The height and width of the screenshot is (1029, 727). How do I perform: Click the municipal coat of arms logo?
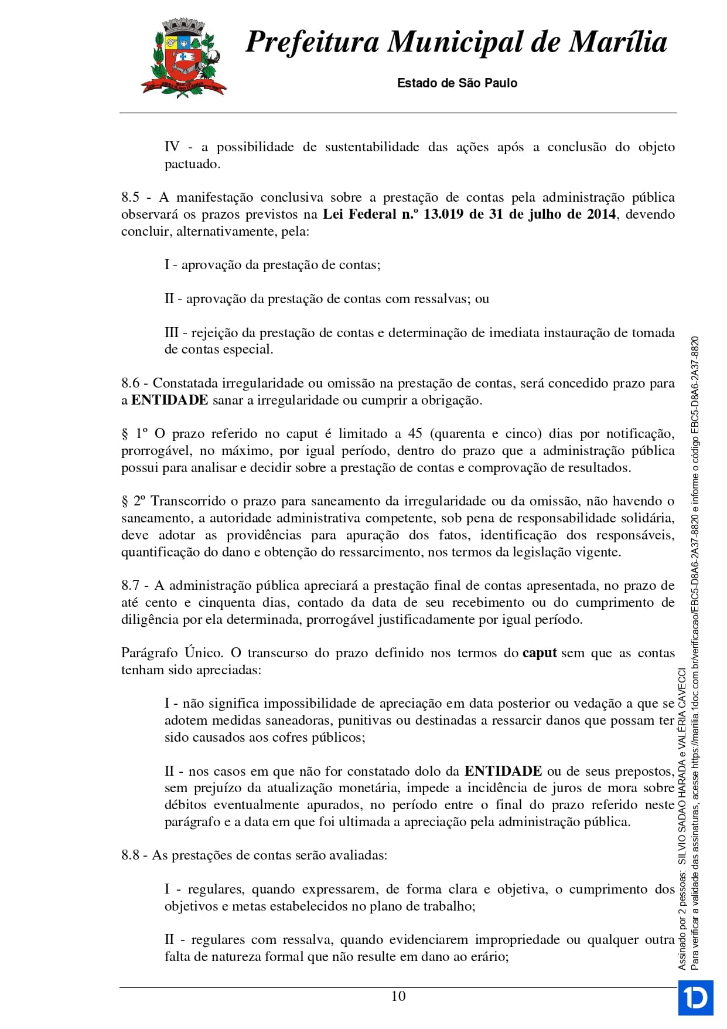coord(183,57)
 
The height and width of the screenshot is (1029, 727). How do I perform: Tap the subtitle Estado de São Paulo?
coord(457,83)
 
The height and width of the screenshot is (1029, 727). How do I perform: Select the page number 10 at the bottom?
coord(398,996)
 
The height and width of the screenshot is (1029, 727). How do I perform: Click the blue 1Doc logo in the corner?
coord(695,997)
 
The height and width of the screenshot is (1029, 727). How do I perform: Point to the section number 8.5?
coord(131,198)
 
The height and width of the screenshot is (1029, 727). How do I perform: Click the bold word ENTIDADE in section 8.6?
coord(170,400)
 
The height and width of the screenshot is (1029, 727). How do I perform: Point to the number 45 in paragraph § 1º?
coord(415,434)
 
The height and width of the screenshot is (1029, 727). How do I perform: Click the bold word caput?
coord(539,653)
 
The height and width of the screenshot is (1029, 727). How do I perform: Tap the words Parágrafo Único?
coord(172,653)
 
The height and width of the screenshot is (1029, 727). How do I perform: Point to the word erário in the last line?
coord(489,957)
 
